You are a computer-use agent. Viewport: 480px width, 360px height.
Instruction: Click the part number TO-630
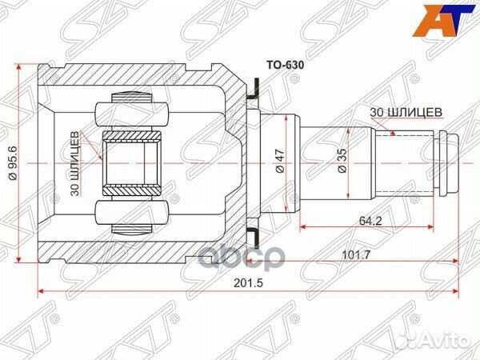point(284,59)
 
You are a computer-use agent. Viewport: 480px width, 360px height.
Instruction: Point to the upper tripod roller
point(132,114)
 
